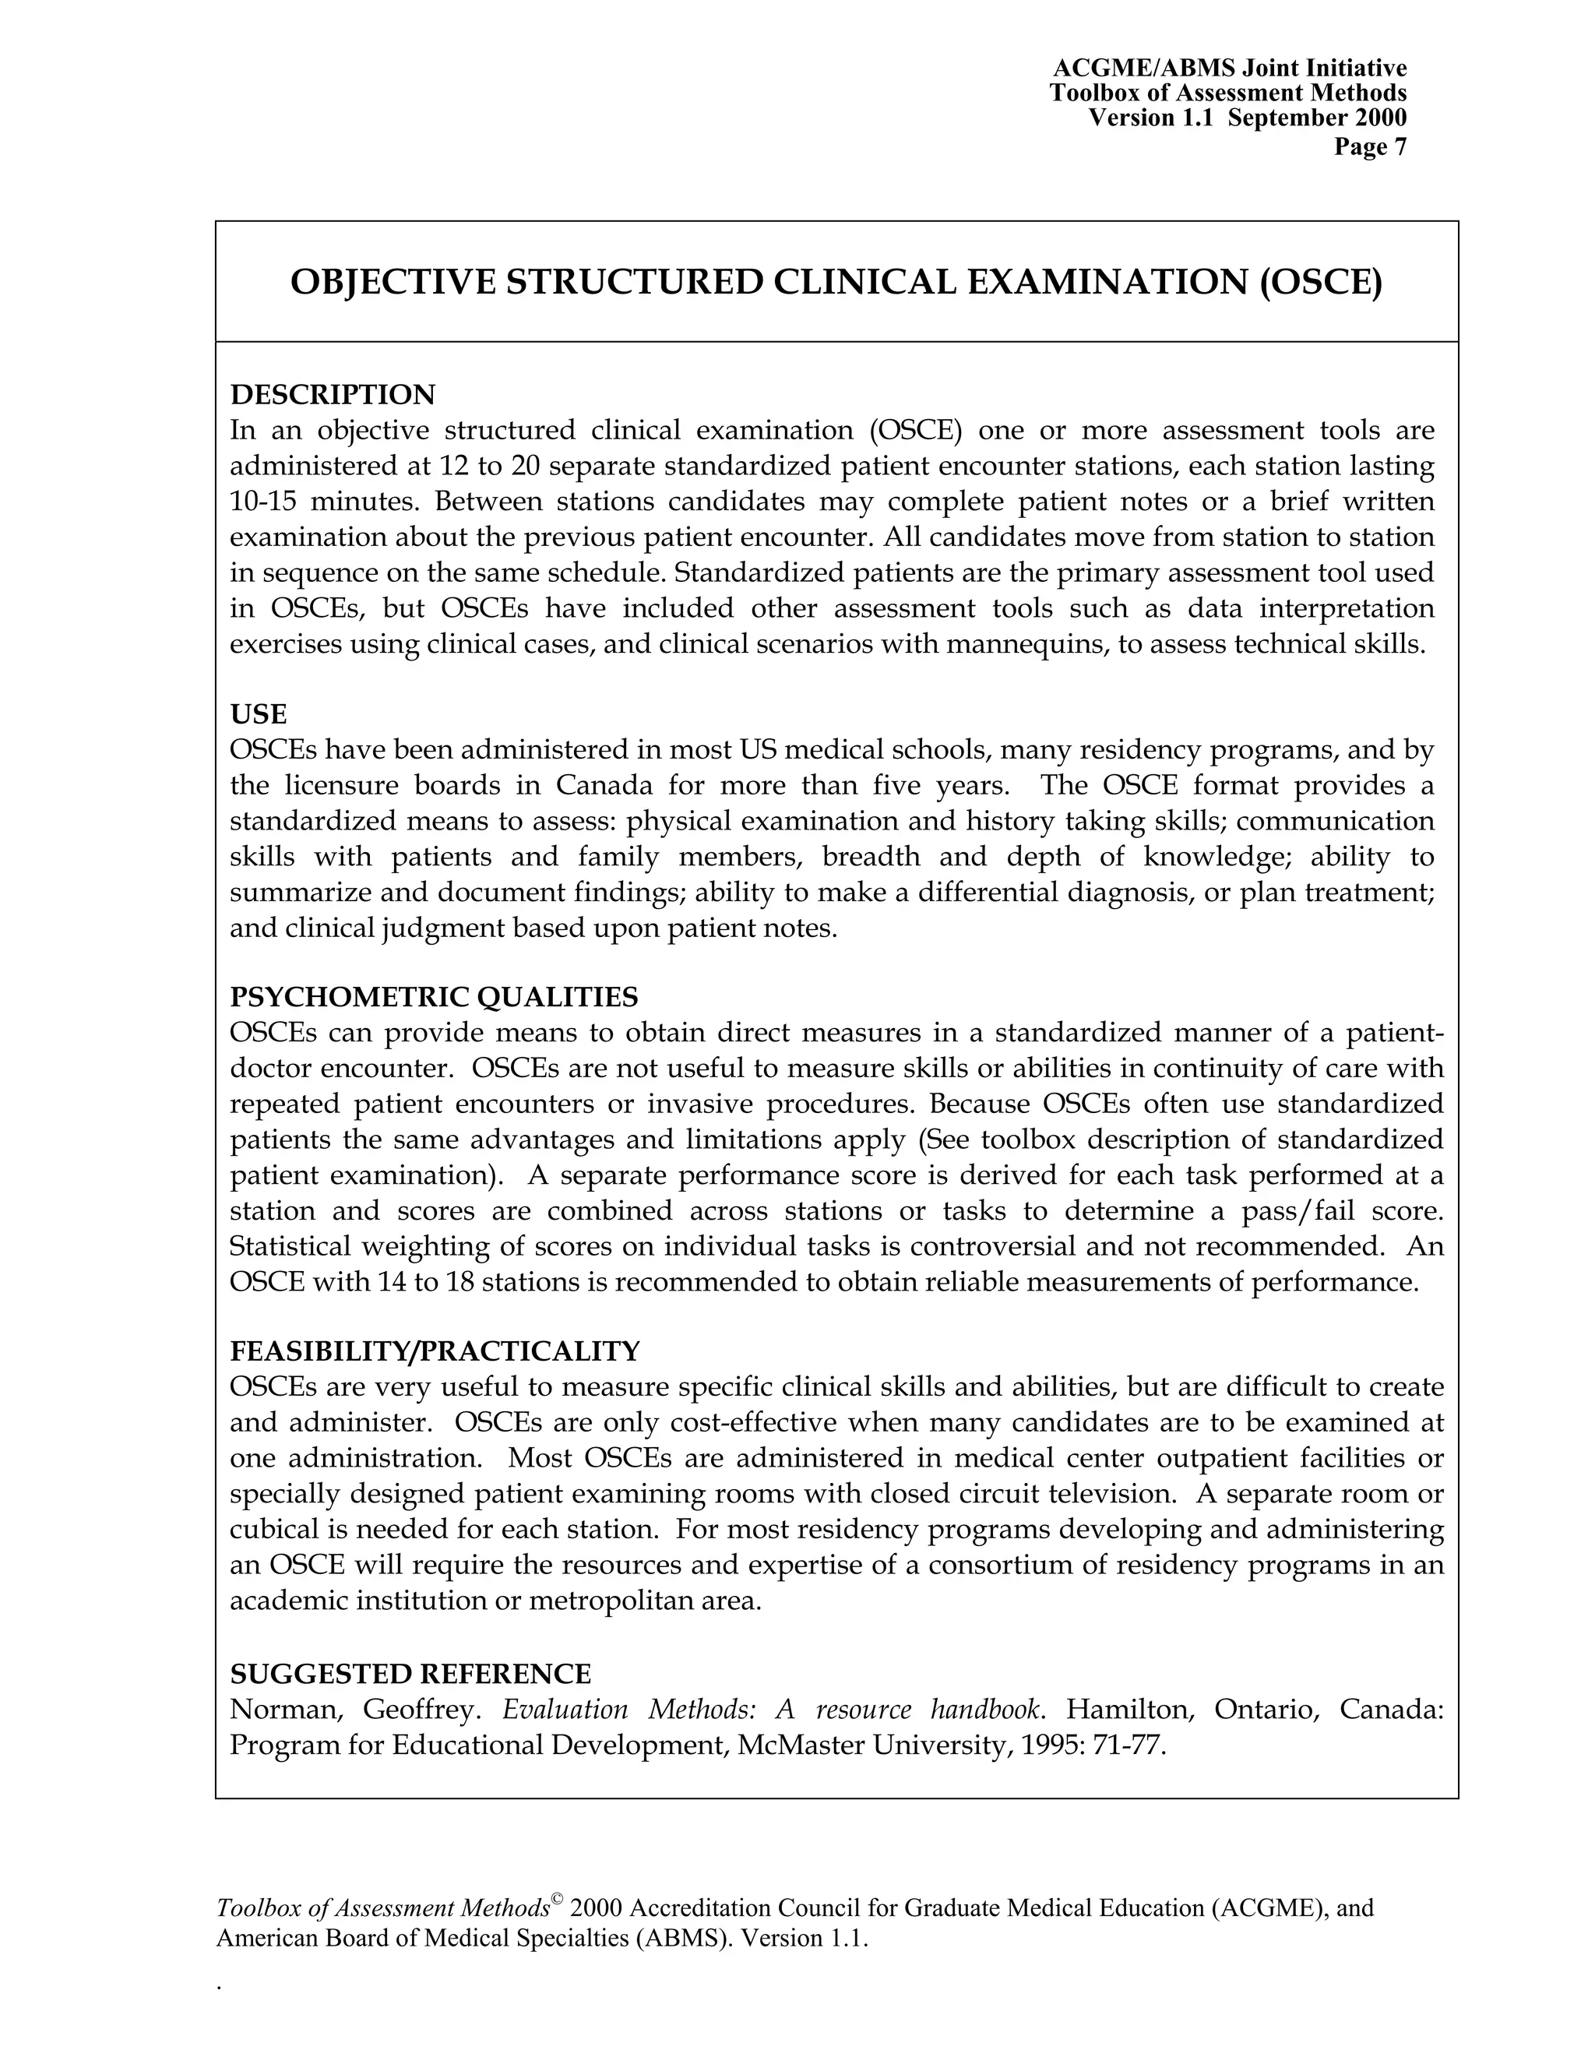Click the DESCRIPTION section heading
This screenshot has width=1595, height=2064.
click(x=333, y=394)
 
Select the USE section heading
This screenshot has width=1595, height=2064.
click(x=258, y=713)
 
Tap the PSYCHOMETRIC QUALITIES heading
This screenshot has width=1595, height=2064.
click(x=434, y=997)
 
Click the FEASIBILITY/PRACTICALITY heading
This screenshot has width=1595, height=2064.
click(x=435, y=1351)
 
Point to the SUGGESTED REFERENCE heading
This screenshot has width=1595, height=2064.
click(x=410, y=1674)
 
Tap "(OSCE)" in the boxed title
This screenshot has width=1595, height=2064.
click(x=1320, y=283)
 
